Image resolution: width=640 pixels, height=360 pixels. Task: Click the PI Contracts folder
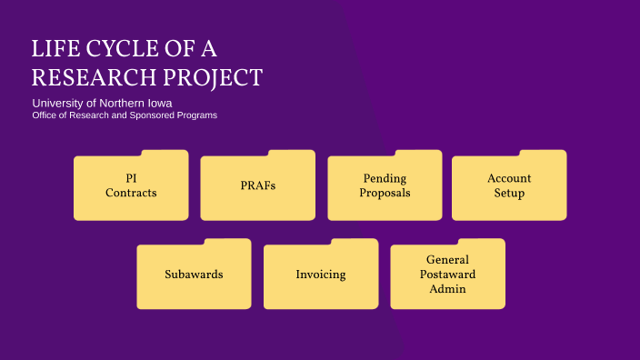131,186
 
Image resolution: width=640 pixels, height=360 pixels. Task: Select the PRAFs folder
257,186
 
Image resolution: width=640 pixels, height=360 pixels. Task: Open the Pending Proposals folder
385,186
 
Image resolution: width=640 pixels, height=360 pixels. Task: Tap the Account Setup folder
509,186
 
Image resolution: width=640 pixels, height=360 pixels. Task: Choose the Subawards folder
194,275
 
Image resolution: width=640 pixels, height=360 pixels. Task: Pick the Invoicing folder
321,275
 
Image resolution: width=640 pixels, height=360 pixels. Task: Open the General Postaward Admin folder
447,275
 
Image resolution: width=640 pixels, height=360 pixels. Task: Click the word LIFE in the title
54,49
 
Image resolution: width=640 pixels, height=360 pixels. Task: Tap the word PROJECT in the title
213,77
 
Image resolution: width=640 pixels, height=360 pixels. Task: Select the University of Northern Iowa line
102,103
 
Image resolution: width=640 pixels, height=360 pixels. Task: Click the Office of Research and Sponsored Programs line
125,115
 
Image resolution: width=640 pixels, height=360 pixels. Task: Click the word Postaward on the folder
447,275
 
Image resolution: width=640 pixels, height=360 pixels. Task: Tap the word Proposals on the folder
385,194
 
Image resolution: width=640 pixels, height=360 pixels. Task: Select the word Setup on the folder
509,194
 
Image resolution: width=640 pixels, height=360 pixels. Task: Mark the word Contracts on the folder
131,194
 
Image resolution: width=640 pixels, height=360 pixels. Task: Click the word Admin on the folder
447,289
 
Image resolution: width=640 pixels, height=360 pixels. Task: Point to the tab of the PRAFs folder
295,155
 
